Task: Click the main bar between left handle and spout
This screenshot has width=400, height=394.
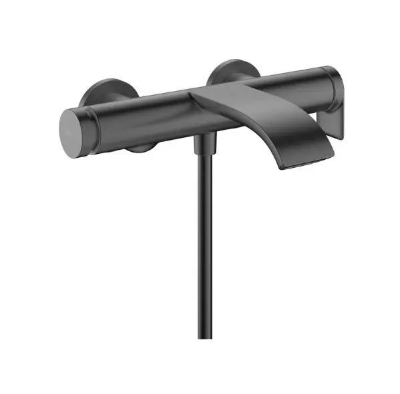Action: tap(147, 114)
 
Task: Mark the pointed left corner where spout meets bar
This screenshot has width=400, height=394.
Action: tap(192, 96)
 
